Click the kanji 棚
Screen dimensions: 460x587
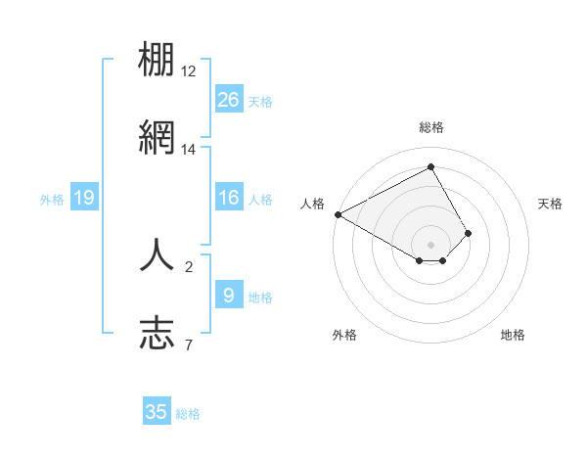[x=158, y=62]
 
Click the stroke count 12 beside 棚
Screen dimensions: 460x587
[x=189, y=71]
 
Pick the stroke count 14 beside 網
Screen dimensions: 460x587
[x=189, y=150]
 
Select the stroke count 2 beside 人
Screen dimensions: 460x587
[x=189, y=265]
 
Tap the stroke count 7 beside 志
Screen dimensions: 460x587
[x=189, y=344]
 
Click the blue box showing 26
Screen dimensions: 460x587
[x=228, y=99]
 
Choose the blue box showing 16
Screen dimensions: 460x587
[x=228, y=198]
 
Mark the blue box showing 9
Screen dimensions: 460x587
[x=228, y=295]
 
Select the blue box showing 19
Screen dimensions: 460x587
[x=84, y=198]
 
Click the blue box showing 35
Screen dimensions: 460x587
[x=157, y=412]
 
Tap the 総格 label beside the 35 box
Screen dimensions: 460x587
[x=188, y=414]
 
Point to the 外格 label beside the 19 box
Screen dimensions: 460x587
[x=52, y=200]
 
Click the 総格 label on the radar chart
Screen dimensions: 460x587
[x=431, y=127]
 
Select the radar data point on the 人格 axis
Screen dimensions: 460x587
[x=338, y=214]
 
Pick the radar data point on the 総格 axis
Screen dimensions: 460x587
[x=431, y=167]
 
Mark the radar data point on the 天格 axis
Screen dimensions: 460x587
[x=469, y=233]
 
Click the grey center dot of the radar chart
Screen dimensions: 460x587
[x=431, y=244]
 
